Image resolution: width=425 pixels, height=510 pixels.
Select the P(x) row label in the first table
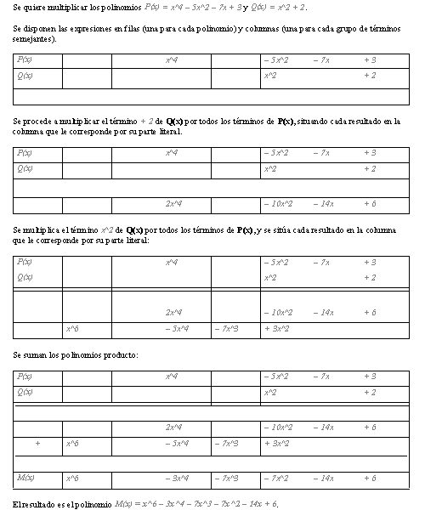(24, 60)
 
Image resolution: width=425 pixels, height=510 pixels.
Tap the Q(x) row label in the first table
(24, 76)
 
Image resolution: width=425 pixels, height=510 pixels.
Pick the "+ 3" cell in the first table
(369, 60)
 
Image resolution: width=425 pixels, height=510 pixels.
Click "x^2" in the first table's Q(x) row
(270, 76)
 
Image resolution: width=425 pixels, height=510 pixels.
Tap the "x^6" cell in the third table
(72, 328)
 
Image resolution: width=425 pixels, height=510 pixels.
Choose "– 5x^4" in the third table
(177, 328)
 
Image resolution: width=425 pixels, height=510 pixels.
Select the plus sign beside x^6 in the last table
(37, 443)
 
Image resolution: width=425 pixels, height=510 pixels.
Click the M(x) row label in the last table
(25, 479)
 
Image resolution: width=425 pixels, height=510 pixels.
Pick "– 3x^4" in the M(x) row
(177, 479)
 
